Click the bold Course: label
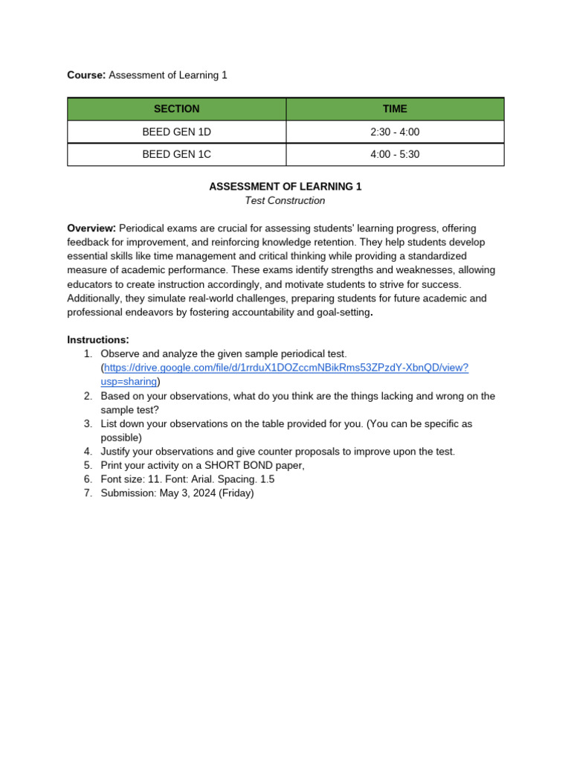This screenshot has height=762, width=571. point(87,75)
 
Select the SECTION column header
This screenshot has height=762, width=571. point(176,109)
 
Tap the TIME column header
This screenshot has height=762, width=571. point(395,109)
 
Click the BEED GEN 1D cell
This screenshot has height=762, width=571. point(176,132)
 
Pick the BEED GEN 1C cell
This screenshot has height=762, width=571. point(176,155)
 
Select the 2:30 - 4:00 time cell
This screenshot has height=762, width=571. point(395,132)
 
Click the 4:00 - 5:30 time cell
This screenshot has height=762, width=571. point(395,155)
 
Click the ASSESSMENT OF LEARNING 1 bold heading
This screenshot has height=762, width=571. point(285,187)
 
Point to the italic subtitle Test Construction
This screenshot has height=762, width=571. point(285,201)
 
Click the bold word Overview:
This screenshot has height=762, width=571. point(91,228)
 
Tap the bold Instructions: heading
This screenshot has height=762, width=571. point(98,340)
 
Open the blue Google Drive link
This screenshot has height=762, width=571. point(285,368)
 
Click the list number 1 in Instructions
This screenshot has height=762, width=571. point(87,354)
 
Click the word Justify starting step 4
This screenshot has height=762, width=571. point(117,452)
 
